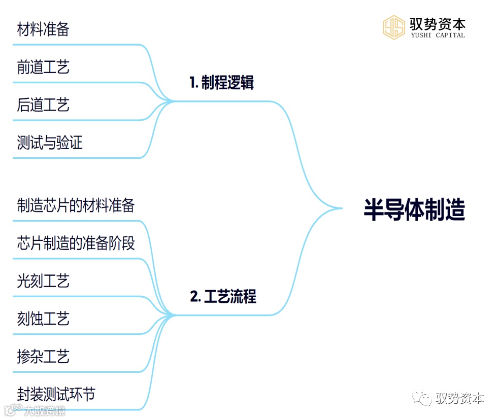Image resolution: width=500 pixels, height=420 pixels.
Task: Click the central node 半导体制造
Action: [x=414, y=209]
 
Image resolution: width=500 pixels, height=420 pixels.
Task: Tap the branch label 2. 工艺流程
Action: [x=223, y=297]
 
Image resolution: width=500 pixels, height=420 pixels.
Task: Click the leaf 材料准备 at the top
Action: [x=43, y=29]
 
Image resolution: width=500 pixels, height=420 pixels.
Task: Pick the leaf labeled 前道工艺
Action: [x=43, y=67]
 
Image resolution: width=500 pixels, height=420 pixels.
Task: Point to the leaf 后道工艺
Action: [x=43, y=105]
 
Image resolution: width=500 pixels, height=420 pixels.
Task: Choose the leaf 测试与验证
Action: [x=50, y=143]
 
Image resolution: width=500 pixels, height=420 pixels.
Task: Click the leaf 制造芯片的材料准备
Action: [x=76, y=205]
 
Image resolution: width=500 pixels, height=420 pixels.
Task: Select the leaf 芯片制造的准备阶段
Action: [x=76, y=243]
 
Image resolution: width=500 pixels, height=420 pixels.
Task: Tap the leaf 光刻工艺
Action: [x=43, y=281]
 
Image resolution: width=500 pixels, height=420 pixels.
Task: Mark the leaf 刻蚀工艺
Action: [x=43, y=319]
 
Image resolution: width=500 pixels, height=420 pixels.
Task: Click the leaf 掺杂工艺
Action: [x=43, y=357]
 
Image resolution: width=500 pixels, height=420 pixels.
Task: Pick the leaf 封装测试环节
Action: [x=56, y=394]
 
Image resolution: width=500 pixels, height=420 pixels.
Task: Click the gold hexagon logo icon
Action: [x=393, y=27]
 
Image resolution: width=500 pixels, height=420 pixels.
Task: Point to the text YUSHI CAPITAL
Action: [x=437, y=36]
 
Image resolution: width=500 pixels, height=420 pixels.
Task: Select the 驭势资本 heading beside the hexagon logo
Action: [x=437, y=23]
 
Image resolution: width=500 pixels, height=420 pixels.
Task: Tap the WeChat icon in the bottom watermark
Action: [x=423, y=399]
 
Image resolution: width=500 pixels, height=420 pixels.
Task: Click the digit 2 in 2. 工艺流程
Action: [x=194, y=297]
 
